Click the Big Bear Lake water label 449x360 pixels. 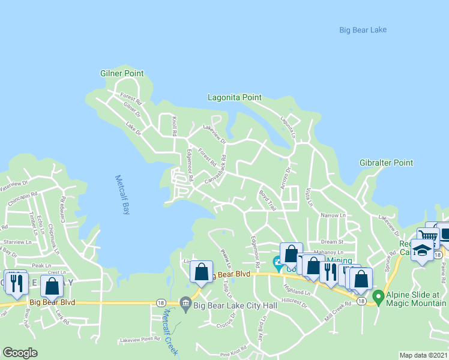click(363, 30)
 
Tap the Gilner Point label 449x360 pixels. click(122, 73)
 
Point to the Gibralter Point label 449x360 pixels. click(386, 163)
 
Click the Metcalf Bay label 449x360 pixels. click(122, 194)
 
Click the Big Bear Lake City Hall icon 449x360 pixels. click(185, 302)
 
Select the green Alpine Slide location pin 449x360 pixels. click(378, 296)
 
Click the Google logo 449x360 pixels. click(20, 353)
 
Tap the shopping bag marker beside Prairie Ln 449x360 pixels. click(202, 272)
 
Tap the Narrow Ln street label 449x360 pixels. click(334, 215)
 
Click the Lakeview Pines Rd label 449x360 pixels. click(140, 339)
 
